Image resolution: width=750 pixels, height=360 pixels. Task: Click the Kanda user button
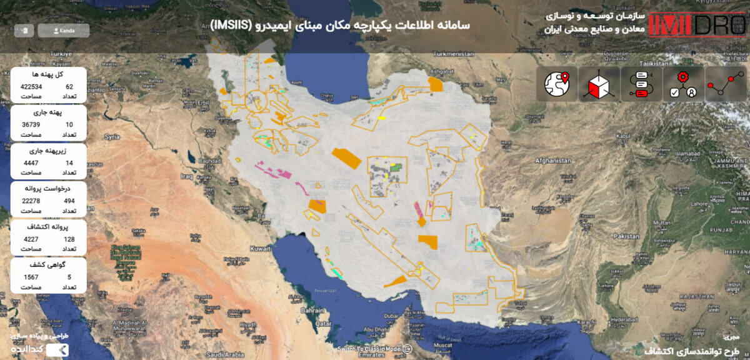[x=64, y=30]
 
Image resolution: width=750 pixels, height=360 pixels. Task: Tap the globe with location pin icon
[x=557, y=84]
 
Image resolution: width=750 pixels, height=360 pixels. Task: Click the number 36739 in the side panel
[x=31, y=125]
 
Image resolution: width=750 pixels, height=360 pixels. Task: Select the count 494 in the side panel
[x=69, y=201]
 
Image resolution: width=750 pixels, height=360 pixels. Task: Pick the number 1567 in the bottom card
[x=31, y=277]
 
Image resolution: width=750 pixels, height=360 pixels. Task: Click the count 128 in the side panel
[x=69, y=239]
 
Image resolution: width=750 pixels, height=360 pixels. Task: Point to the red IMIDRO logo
[x=697, y=24]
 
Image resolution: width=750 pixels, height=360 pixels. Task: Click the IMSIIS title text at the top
[x=340, y=25]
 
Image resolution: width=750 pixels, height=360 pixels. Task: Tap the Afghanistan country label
[x=552, y=161]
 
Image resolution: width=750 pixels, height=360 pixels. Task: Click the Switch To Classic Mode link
[x=369, y=349]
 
